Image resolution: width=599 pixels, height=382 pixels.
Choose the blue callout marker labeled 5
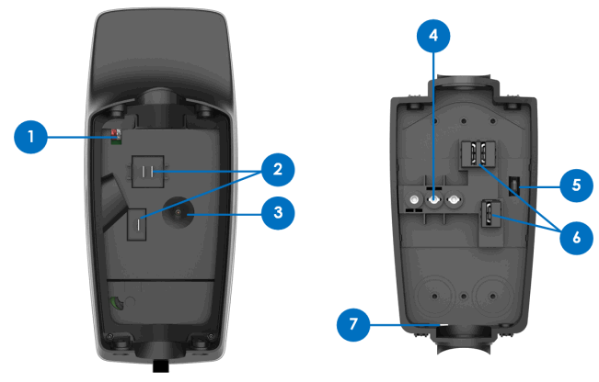click(x=575, y=185)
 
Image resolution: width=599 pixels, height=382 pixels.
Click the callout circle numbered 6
click(x=575, y=234)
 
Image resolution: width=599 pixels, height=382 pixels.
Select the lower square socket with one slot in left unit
click(x=140, y=223)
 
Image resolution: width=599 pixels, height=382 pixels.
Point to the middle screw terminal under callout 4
click(x=434, y=199)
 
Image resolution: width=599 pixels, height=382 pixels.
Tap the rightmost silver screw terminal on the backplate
click(x=453, y=199)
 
